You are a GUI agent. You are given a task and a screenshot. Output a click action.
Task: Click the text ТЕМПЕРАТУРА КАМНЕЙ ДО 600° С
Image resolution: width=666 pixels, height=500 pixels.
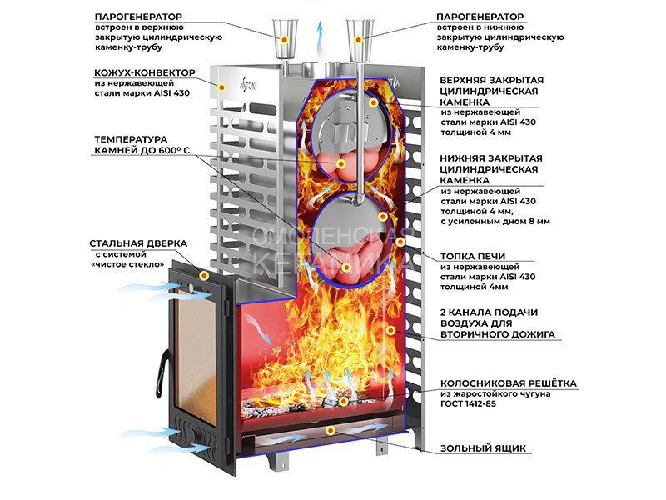click(x=142, y=144)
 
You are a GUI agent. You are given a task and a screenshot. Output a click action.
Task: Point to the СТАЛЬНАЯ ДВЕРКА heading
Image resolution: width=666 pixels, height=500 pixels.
click(x=138, y=243)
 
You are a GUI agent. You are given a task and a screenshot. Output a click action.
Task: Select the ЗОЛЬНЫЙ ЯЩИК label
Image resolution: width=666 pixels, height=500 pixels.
click(x=484, y=448)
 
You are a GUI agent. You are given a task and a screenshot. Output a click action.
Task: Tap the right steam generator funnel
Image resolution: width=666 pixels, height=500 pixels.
click(x=359, y=38)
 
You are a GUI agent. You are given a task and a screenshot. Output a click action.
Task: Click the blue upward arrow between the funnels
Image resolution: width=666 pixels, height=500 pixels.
click(x=319, y=37)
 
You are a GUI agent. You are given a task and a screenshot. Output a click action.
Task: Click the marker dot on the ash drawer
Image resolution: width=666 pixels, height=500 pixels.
click(x=331, y=430)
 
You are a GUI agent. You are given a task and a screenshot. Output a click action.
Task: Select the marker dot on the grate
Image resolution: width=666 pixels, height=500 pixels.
click(x=343, y=402)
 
